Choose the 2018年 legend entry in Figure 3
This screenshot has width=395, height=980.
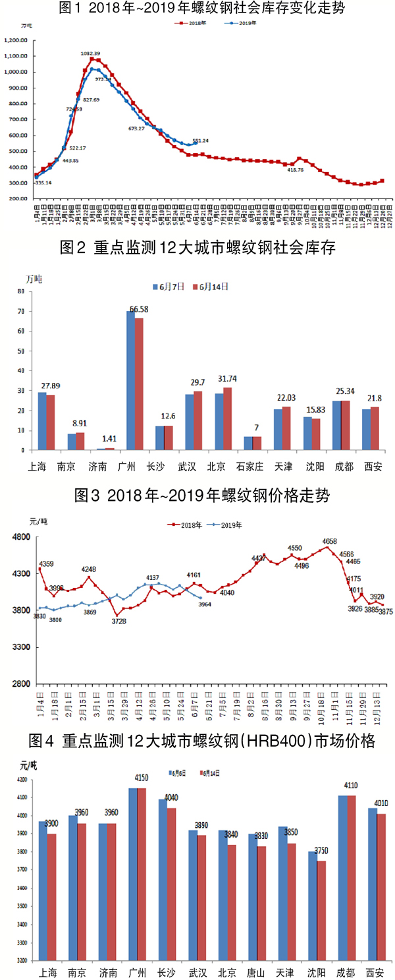pyautogui.click(x=186, y=525)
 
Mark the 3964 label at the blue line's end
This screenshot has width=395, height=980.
pyautogui.click(x=204, y=604)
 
